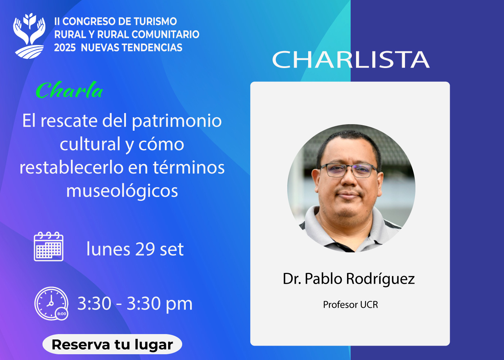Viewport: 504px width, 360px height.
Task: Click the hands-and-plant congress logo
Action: coord(29,36)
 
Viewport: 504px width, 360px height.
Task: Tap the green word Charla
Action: coord(69,90)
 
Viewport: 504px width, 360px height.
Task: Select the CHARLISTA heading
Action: coord(351,59)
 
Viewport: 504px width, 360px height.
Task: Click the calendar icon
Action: coord(49,246)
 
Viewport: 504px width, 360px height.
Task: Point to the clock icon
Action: coord(51,303)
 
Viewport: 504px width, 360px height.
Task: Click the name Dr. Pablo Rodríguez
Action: coord(348,279)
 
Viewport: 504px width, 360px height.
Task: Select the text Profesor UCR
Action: coord(351,305)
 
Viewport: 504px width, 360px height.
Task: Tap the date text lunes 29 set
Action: coord(135,249)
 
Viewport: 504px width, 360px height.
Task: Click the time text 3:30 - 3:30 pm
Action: coord(135,304)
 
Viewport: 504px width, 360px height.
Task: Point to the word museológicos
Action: coord(122,191)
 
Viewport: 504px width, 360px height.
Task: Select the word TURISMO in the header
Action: coord(156,21)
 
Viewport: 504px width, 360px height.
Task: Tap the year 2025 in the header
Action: coord(65,48)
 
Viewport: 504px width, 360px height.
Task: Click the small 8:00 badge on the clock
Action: coord(62,314)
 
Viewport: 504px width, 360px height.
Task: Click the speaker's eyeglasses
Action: coord(348,170)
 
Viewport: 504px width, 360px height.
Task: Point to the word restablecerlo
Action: coord(72,168)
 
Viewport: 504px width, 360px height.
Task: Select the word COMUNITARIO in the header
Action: coord(165,35)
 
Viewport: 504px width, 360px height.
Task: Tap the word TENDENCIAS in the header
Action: coord(131,48)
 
